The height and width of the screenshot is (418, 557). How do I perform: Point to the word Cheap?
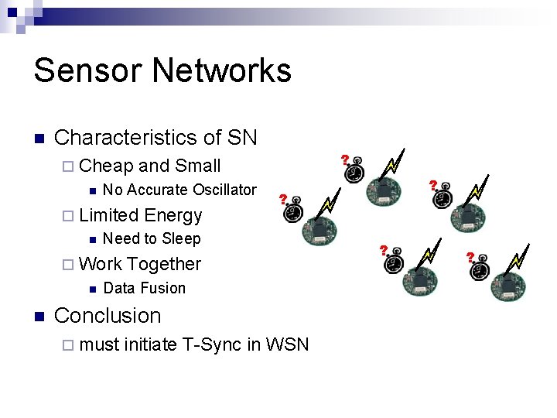(x=107, y=166)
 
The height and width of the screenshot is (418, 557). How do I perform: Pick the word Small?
(x=198, y=166)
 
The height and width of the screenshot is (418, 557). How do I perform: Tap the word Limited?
(x=109, y=215)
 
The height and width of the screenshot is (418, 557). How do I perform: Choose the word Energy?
(x=173, y=216)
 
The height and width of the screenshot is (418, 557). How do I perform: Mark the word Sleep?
(x=181, y=239)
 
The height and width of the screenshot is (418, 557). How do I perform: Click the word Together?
(x=164, y=264)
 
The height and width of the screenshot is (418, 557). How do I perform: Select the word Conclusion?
(x=108, y=316)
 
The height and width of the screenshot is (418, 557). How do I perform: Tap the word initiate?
(x=150, y=344)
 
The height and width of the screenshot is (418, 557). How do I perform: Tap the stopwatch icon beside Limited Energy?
(x=292, y=212)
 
